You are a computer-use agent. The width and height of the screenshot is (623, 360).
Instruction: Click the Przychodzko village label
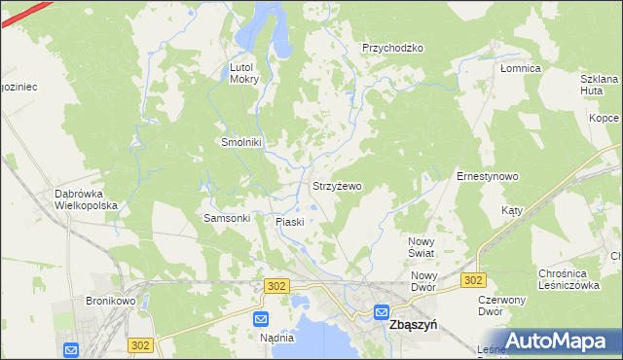[392, 48]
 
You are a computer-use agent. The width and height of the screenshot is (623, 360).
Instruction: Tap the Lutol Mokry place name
[243, 73]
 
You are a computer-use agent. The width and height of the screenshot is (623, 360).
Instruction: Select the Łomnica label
[520, 69]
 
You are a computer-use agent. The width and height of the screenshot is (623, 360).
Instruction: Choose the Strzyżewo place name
[337, 185]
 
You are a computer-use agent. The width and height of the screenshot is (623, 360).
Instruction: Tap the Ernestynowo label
[487, 176]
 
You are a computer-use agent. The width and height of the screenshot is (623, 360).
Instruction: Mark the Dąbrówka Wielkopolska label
[86, 199]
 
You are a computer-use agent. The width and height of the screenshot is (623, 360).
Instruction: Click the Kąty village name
[512, 210]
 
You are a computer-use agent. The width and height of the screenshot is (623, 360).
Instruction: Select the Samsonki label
[227, 218]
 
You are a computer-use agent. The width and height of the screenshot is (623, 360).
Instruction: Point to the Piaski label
[290, 222]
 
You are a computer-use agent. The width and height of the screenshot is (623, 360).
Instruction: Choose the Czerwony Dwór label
[503, 306]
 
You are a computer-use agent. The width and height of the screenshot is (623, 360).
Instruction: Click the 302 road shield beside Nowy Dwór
[473, 280]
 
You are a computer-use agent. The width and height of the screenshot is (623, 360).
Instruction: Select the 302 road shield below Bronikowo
[140, 345]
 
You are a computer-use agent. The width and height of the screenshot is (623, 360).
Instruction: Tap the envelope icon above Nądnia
[261, 319]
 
